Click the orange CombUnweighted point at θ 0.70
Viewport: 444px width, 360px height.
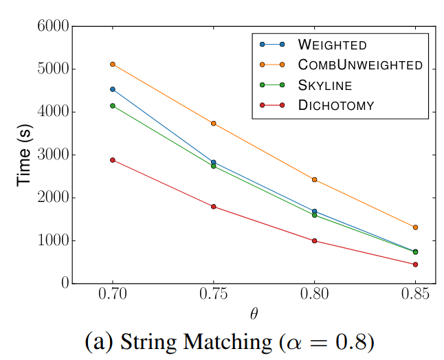click(x=113, y=65)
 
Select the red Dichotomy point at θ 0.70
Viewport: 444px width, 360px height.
click(x=113, y=160)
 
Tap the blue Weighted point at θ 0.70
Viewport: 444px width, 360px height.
click(x=113, y=89)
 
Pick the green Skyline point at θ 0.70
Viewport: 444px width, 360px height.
click(x=113, y=106)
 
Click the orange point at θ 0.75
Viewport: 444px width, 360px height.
click(x=214, y=124)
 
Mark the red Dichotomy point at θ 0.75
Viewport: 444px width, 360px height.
click(x=214, y=207)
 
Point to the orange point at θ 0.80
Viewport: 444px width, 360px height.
click(x=315, y=180)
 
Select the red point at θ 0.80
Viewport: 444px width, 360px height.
click(x=315, y=241)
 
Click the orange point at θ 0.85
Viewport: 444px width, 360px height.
click(x=416, y=227)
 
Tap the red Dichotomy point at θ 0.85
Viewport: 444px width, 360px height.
click(x=416, y=265)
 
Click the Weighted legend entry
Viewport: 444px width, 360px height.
click(x=332, y=45)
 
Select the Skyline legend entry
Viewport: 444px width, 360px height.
click(x=324, y=85)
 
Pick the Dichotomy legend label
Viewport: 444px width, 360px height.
click(x=335, y=105)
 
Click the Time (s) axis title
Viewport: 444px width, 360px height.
click(x=25, y=155)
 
